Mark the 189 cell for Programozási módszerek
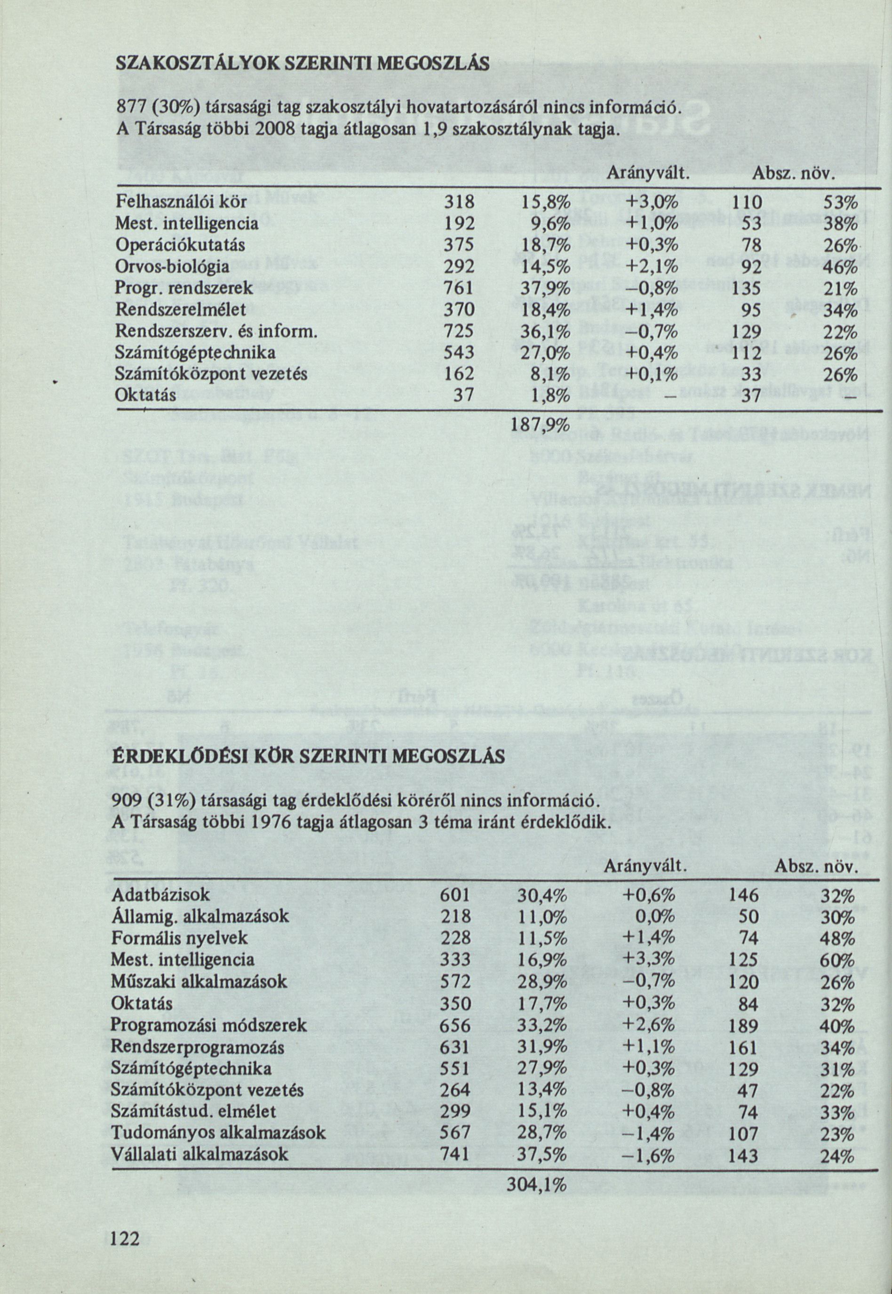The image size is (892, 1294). pyautogui.click(x=743, y=1026)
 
